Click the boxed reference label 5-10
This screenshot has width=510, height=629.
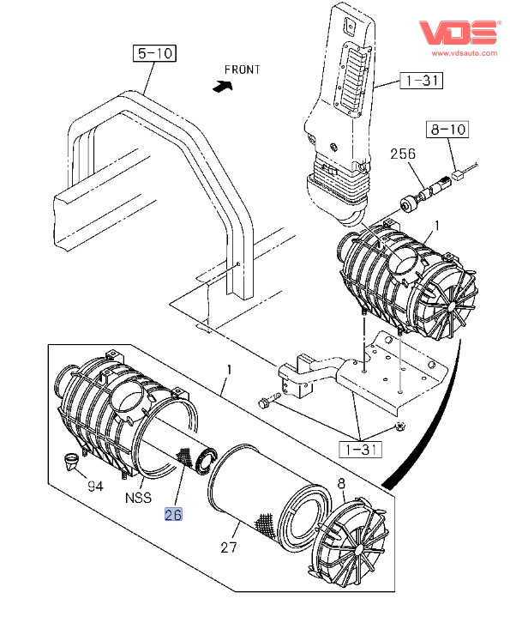(154, 53)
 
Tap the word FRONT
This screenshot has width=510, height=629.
(242, 70)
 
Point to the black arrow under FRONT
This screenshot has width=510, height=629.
(223, 86)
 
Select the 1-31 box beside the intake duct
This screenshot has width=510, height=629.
(422, 80)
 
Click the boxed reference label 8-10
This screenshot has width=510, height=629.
(447, 130)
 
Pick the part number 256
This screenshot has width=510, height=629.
(403, 154)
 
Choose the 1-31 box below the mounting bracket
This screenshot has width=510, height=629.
(361, 450)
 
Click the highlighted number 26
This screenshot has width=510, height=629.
(173, 514)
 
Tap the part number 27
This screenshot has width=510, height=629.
(229, 547)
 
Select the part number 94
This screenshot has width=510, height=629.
(95, 487)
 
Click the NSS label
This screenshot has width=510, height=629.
(138, 498)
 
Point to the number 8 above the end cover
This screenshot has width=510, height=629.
(341, 484)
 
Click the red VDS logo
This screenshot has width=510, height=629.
(459, 32)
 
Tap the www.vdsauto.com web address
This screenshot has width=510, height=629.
(465, 53)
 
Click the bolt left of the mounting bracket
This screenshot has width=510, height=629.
(269, 401)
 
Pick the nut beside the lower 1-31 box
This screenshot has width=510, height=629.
(399, 426)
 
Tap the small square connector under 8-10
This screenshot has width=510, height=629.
(457, 174)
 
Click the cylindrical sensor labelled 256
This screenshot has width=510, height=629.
(425, 193)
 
